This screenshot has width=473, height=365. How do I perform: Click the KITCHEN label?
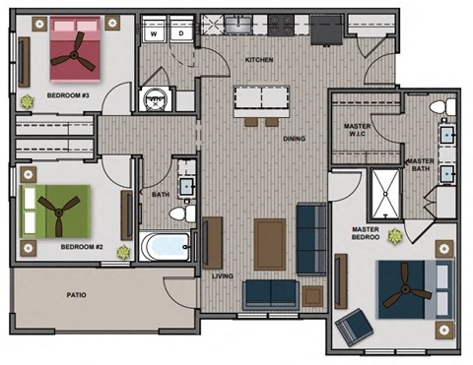[x=258, y=61]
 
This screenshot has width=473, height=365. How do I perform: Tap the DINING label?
[x=294, y=139]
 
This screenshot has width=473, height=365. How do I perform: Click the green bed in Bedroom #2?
[x=56, y=209]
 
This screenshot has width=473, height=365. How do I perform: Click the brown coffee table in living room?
[x=269, y=242]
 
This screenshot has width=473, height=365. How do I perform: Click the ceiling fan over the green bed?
[x=56, y=209]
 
